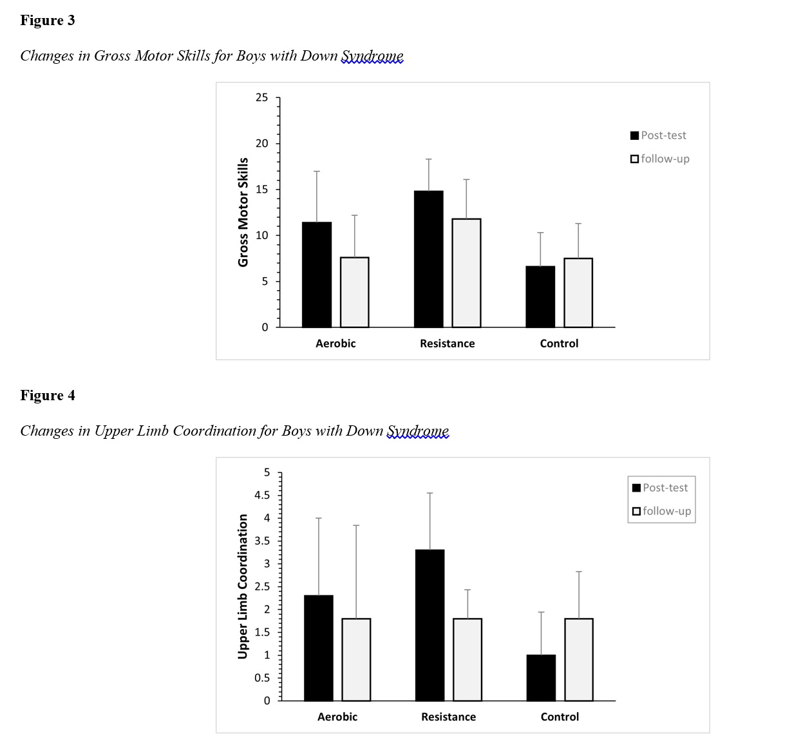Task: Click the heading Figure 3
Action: (x=48, y=21)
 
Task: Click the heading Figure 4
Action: (x=48, y=396)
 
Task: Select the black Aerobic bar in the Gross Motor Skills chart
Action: (x=317, y=275)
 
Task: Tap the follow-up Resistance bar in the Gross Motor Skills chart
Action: (x=466, y=273)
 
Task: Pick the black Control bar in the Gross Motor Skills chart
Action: (x=540, y=296)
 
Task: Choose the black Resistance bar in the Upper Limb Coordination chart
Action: (x=429, y=625)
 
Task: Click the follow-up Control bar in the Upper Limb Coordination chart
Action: (x=579, y=659)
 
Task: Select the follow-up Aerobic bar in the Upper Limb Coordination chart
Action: (x=356, y=659)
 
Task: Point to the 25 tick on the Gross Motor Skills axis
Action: (x=262, y=98)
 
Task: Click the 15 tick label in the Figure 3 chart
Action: (x=262, y=189)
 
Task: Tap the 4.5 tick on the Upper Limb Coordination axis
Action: (x=262, y=496)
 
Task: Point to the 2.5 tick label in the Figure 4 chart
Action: (x=262, y=586)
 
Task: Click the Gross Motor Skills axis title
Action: (x=243, y=212)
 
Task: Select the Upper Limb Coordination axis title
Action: (x=243, y=586)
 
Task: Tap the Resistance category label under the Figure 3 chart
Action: (x=447, y=343)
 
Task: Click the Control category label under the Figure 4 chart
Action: (x=560, y=717)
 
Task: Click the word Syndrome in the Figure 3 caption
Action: (x=372, y=56)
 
